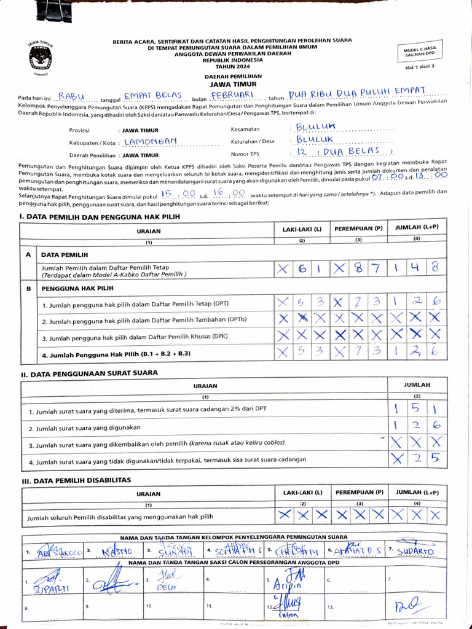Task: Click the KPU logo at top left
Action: pyautogui.click(x=40, y=57)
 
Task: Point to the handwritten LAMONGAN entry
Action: pyautogui.click(x=151, y=142)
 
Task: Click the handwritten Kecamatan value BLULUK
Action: pyautogui.click(x=316, y=128)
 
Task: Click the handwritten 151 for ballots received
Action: pyautogui.click(x=415, y=408)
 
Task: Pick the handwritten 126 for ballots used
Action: pyautogui.click(x=415, y=425)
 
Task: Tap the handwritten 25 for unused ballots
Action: pyautogui.click(x=424, y=458)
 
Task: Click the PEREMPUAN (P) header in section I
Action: pyautogui.click(x=358, y=229)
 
